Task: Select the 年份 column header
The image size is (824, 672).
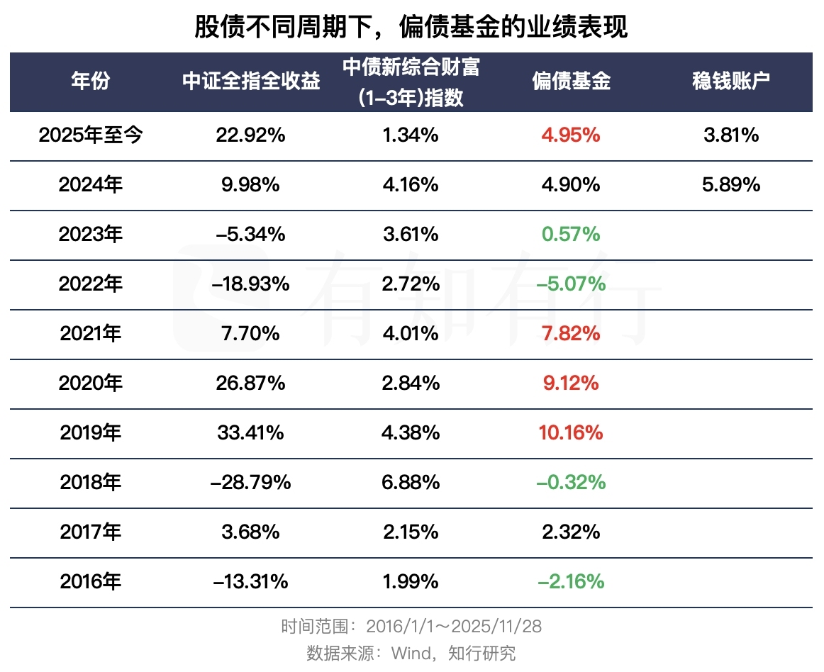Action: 91,82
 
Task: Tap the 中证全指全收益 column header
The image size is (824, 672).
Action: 251,82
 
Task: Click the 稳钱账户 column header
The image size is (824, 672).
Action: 731,82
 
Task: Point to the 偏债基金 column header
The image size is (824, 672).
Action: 571,82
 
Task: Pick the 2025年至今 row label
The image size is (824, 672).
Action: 91,135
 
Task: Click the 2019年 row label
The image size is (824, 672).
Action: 91,432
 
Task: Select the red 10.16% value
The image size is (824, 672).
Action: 571,432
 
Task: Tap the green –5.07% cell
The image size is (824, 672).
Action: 571,284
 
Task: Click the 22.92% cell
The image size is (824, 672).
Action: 251,135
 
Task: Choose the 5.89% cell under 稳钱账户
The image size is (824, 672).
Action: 731,185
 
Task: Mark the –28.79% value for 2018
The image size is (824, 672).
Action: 251,483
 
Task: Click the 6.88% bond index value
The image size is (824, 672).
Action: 411,483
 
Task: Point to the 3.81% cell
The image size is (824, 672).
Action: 731,135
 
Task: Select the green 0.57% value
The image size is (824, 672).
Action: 571,235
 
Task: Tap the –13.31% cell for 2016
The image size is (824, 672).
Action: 251,582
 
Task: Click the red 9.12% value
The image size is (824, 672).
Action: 571,383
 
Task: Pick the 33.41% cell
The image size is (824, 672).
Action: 251,432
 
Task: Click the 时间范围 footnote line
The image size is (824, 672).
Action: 411,627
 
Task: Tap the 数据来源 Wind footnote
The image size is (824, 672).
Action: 411,652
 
